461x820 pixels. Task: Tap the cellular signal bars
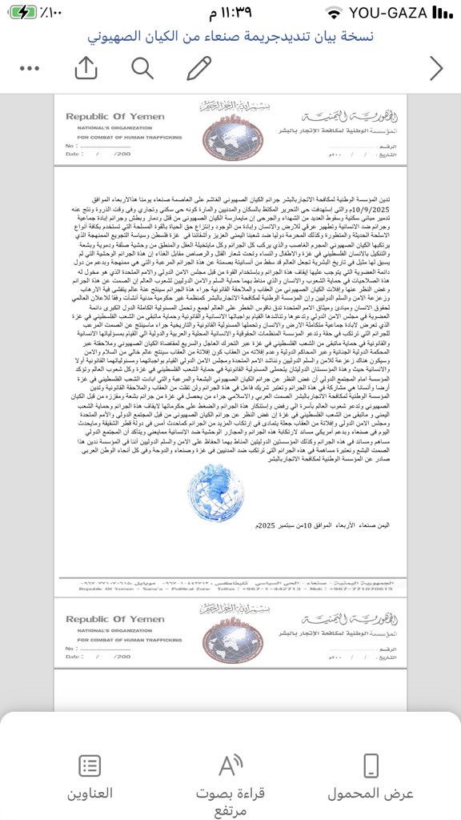(x=441, y=14)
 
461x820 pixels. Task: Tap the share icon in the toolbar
(x=85, y=70)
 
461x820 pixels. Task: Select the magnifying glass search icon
(x=142, y=70)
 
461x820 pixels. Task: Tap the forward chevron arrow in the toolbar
(x=436, y=70)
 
